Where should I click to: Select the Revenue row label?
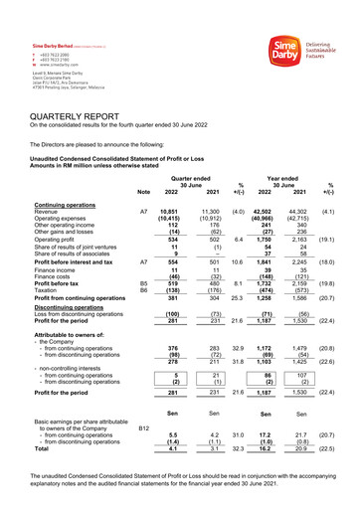46,212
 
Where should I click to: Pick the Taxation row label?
46,288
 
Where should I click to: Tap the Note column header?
143,191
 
